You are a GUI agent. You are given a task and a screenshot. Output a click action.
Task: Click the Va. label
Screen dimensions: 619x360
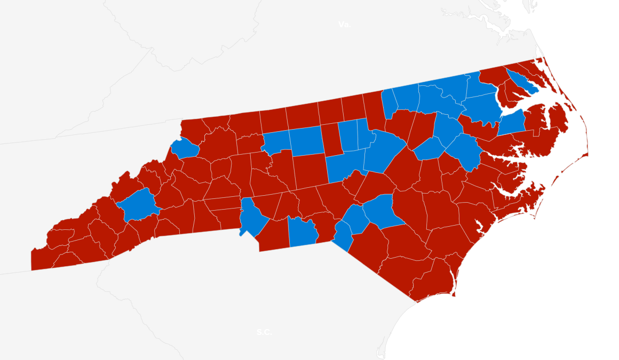point(345,25)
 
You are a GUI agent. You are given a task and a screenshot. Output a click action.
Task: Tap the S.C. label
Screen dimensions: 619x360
point(264,332)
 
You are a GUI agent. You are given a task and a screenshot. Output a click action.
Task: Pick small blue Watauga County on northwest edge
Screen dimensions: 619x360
point(185,148)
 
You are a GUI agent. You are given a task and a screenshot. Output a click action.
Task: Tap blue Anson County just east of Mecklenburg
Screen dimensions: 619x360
point(302,233)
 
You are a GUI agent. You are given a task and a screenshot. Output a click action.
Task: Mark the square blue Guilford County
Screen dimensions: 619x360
point(306,141)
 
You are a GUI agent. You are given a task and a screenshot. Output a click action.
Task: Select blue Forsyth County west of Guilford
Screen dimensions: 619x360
point(276,141)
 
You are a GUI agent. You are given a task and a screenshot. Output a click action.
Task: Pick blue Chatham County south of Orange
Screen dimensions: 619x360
point(345,165)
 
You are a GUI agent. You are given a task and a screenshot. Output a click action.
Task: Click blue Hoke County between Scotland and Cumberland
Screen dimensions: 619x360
point(356,219)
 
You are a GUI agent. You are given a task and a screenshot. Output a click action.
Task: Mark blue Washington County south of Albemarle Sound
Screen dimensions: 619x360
point(512,123)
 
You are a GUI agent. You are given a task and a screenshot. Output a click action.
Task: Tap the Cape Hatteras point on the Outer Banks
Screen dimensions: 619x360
point(586,155)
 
